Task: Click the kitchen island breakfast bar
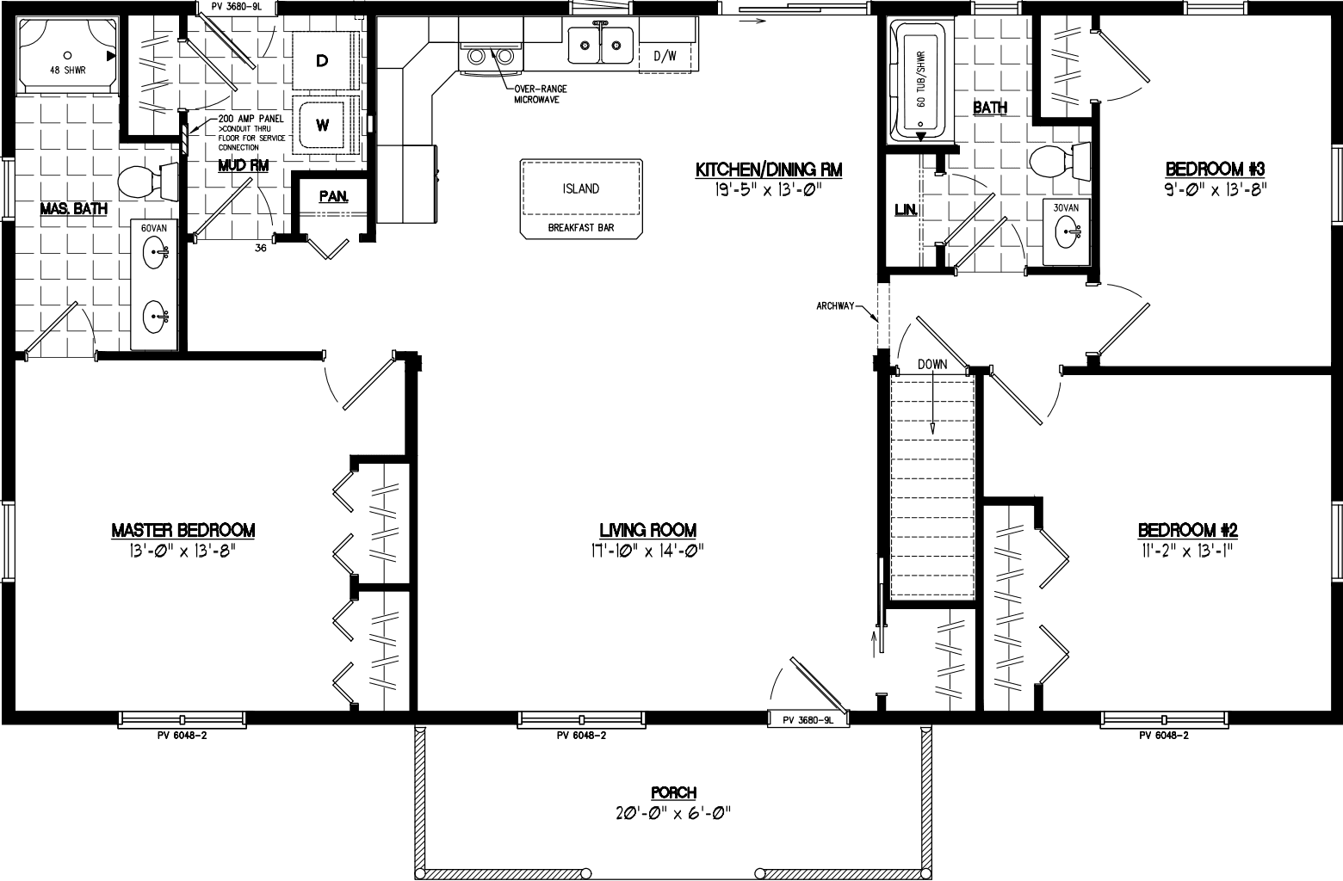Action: (x=581, y=198)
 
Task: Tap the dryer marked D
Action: (x=323, y=60)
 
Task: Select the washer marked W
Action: (x=323, y=125)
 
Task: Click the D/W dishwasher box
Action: (x=665, y=57)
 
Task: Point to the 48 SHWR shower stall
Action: (x=66, y=53)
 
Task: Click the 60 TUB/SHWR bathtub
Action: (x=919, y=83)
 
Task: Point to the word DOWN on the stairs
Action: (x=931, y=364)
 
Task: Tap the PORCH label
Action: (x=674, y=793)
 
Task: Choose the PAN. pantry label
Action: (x=333, y=196)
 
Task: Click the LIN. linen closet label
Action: (x=905, y=210)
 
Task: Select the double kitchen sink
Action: (x=600, y=45)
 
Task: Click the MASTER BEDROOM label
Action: (x=183, y=531)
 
